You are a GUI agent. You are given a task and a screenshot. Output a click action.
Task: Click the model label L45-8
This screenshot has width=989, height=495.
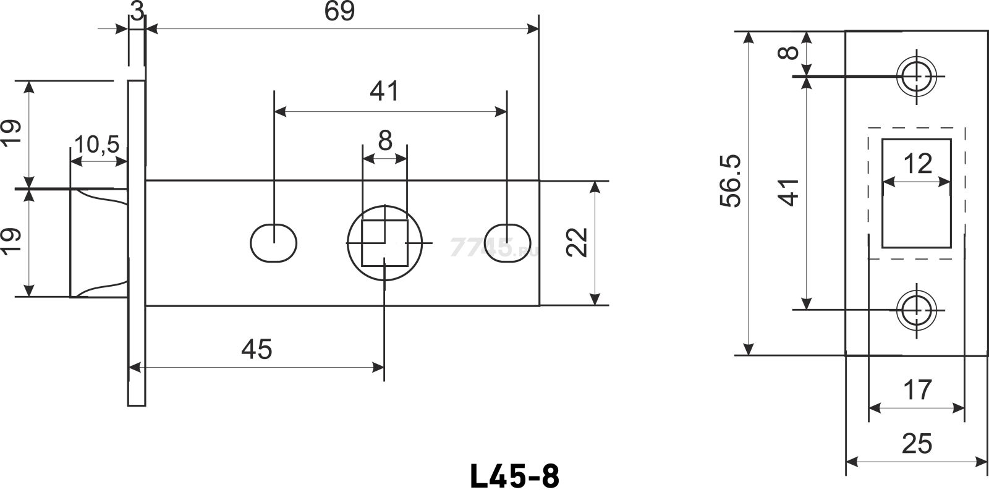pyautogui.click(x=515, y=476)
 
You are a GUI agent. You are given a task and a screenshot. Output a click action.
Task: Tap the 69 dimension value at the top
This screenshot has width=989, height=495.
pyautogui.click(x=339, y=11)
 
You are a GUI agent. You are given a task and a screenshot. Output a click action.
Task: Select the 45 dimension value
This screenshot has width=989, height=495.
pyautogui.click(x=257, y=349)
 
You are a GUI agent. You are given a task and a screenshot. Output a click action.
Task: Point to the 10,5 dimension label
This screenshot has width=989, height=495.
pyautogui.click(x=96, y=145)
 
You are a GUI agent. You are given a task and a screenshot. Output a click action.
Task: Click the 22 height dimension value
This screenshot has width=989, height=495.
pyautogui.click(x=577, y=242)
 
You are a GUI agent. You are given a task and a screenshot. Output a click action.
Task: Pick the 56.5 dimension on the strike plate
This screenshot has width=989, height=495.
pyautogui.click(x=730, y=180)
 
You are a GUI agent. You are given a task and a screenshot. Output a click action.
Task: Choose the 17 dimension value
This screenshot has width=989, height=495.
pyautogui.click(x=917, y=389)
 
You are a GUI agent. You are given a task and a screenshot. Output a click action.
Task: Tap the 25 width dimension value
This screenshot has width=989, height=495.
pyautogui.click(x=917, y=444)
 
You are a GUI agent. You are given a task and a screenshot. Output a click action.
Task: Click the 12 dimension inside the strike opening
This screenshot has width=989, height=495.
pyautogui.click(x=918, y=164)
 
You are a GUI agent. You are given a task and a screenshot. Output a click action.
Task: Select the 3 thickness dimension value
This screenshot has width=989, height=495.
pyautogui.click(x=137, y=11)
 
